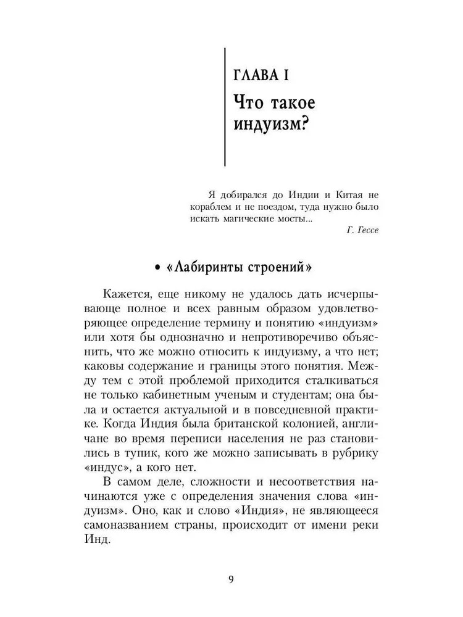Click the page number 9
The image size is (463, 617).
231,579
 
